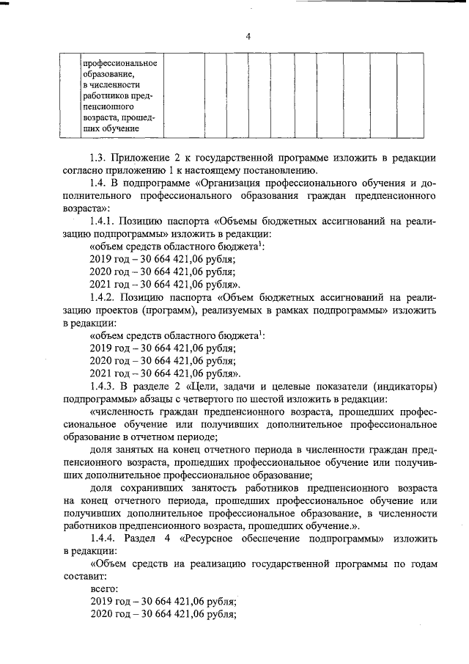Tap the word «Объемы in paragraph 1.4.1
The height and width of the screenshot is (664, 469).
243,222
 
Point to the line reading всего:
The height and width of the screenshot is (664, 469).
103,588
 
